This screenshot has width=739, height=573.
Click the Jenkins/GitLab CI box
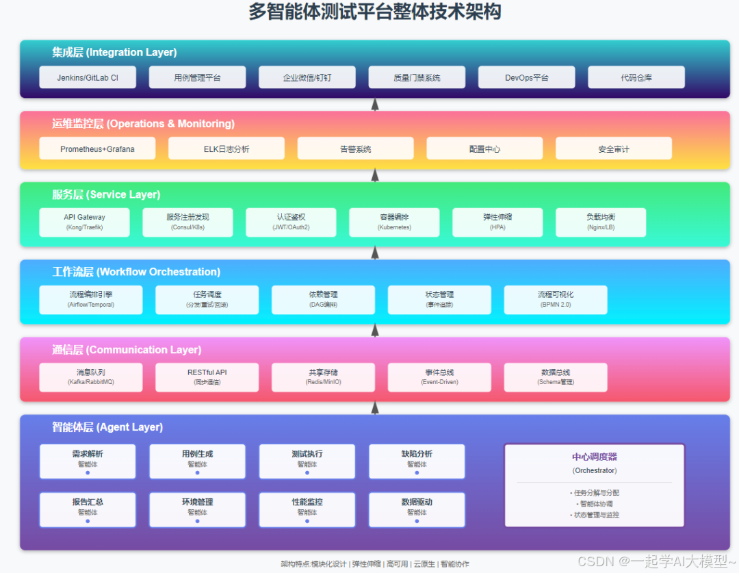tap(88, 77)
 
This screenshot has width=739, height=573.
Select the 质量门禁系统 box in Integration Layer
tap(417, 77)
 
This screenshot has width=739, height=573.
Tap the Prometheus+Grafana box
tap(97, 149)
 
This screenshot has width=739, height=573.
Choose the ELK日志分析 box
tap(226, 149)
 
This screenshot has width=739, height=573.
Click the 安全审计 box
tap(613, 149)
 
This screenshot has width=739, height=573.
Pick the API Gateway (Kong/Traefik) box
tap(84, 222)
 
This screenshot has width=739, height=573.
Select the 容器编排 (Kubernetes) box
tap(394, 222)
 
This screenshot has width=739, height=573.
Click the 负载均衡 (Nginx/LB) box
tap(601, 222)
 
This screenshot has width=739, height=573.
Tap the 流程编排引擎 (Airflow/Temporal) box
tap(91, 299)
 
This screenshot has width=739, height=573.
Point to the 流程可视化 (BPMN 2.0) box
tap(556, 299)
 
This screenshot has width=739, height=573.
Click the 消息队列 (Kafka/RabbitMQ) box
tap(91, 377)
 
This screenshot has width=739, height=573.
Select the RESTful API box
tap(207, 377)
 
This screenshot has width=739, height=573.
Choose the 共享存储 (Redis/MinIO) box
tap(323, 377)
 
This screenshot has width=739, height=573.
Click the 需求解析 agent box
tap(88, 461)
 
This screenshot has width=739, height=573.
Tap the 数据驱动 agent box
tap(417, 509)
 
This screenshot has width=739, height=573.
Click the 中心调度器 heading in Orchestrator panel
tap(594, 457)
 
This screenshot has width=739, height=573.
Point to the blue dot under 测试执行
tap(307, 472)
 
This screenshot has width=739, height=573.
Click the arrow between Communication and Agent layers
tap(375, 407)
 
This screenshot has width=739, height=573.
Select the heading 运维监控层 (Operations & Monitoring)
tap(143, 124)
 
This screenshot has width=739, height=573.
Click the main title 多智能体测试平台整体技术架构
tap(374, 12)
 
